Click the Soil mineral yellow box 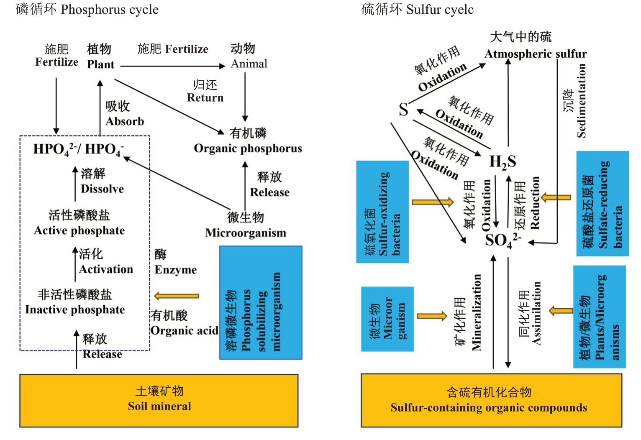click(159, 400)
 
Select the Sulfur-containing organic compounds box click(491, 400)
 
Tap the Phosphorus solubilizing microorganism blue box click(261, 303)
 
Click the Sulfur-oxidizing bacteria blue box click(382, 212)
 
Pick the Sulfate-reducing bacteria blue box click(603, 204)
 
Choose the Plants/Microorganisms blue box click(599, 317)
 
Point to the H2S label click(503, 161)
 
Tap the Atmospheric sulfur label click(536, 54)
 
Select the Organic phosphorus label click(248, 148)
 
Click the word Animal click(249, 64)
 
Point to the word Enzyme click(175, 270)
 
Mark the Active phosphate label click(79, 230)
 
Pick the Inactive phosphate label click(75, 310)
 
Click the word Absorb click(125, 121)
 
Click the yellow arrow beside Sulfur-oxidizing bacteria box click(432, 202)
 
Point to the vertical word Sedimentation click(581, 101)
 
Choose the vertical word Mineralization click(477, 312)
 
